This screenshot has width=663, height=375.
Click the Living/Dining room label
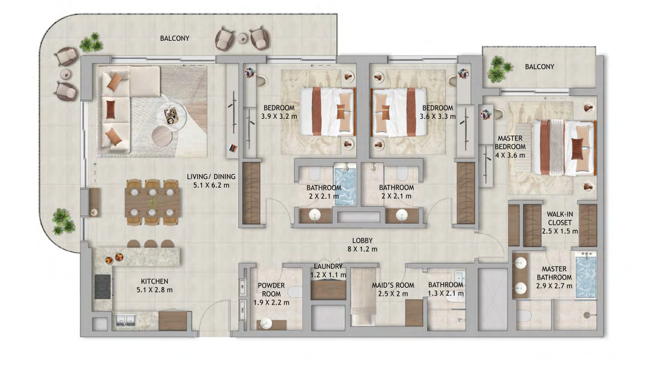tap(211, 181)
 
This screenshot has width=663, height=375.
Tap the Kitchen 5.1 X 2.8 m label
tap(154, 285)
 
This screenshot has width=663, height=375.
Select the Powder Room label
tap(271, 294)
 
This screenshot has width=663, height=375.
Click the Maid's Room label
tap(393, 289)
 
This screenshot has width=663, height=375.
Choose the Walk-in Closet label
tap(559, 223)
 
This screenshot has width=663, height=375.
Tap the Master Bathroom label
tap(554, 277)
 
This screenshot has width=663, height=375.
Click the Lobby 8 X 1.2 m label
tap(363, 245)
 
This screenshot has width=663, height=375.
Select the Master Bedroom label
tap(510, 147)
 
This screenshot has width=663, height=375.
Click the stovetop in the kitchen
tap(102, 286)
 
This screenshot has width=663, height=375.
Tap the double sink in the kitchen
tap(126, 320)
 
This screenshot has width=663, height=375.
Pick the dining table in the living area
tap(153, 203)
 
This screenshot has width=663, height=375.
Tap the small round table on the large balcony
tap(242, 38)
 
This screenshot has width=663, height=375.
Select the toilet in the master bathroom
tap(523, 316)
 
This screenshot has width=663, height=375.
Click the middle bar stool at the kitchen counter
tap(151, 244)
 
